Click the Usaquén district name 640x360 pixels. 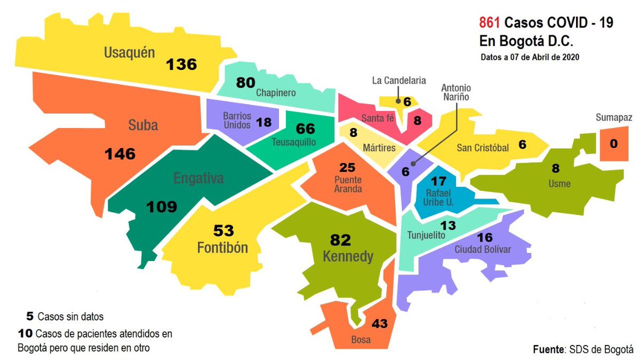coord(130,52)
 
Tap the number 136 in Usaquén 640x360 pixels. coord(181,65)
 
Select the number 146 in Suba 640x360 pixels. coord(120,154)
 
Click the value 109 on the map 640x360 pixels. coord(161,206)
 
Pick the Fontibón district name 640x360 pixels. coord(222,248)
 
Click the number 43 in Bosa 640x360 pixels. coord(380,323)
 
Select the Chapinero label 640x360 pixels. coord(276,93)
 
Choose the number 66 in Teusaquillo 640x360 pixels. coord(305,129)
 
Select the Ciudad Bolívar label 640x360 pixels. coord(483,250)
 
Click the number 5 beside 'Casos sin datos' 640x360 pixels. coord(30,316)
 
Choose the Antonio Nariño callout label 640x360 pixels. coord(457,92)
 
